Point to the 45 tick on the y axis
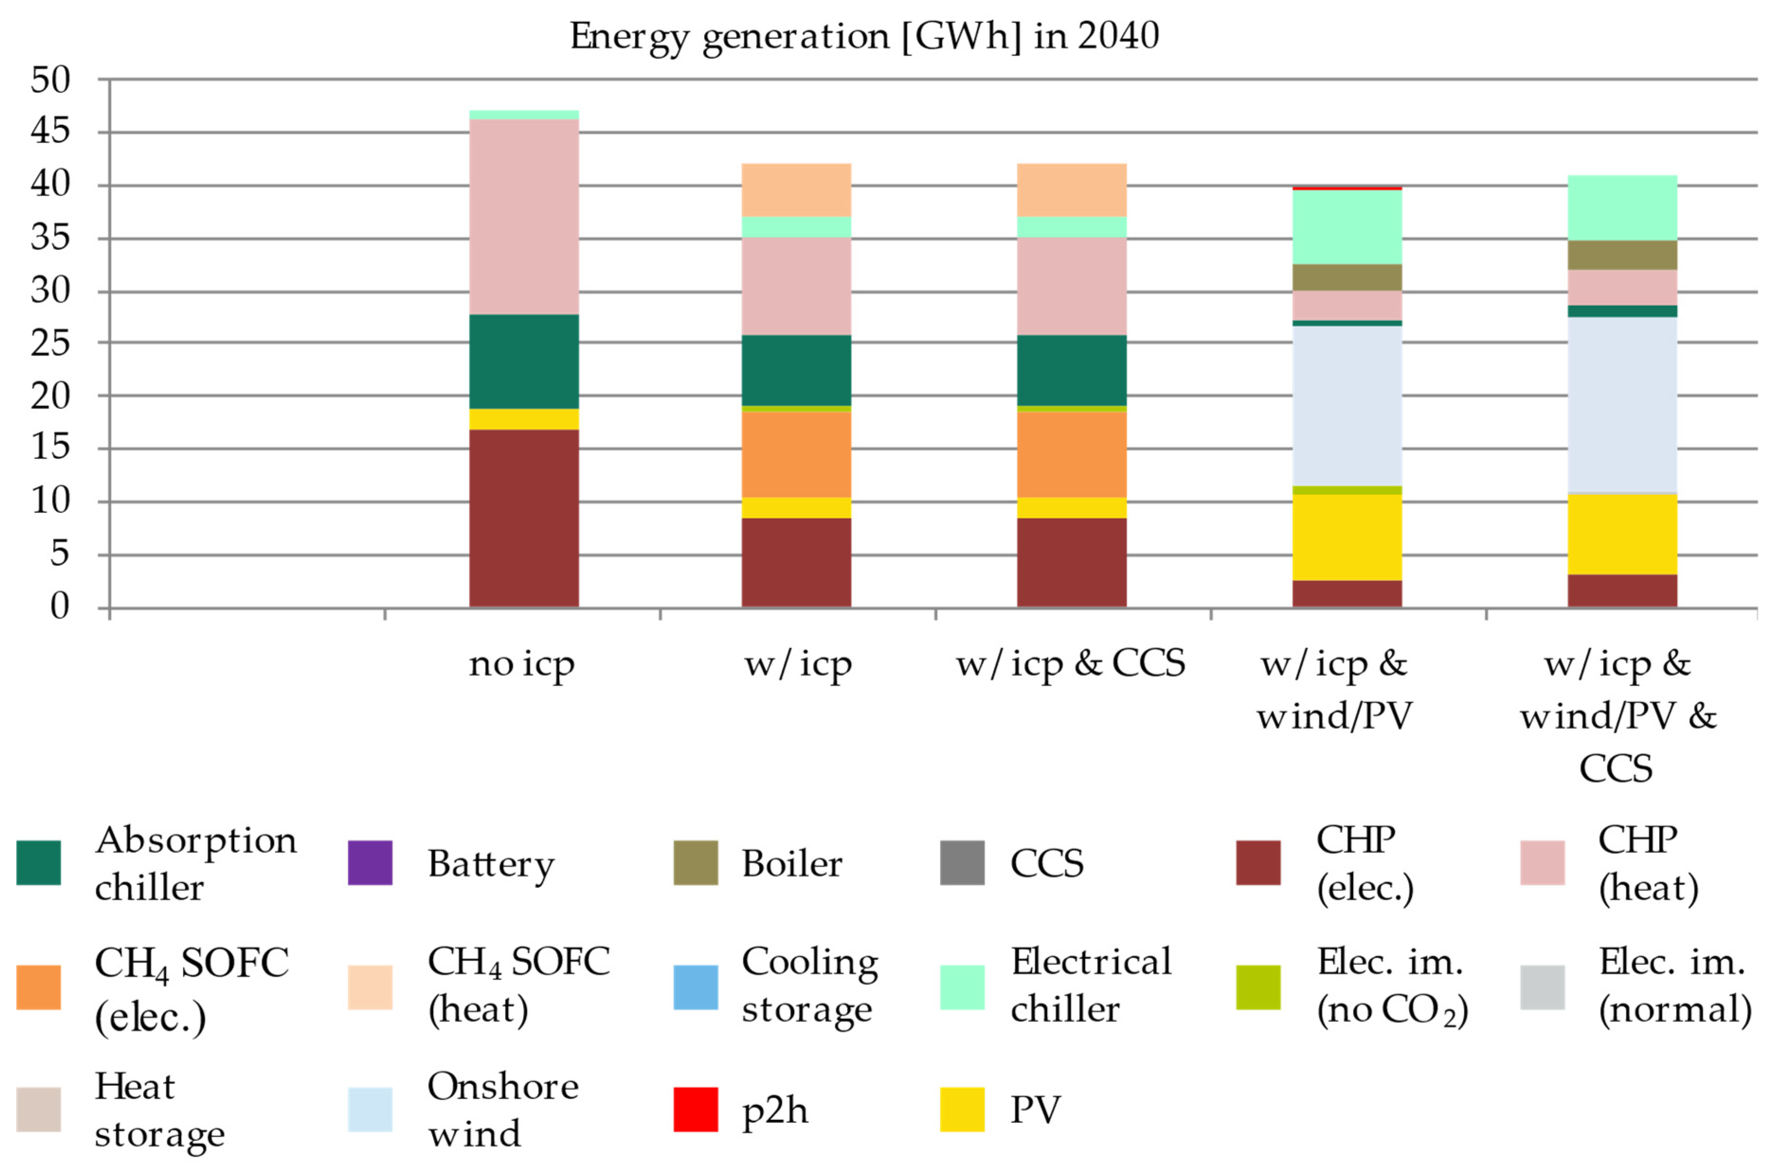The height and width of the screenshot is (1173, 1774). click(x=50, y=132)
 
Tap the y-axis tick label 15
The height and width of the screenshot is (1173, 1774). click(x=50, y=448)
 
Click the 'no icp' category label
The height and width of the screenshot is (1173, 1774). click(x=522, y=663)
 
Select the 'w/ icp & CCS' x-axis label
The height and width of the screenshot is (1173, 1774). click(x=1071, y=663)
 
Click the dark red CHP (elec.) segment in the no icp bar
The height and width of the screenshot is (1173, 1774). click(x=524, y=518)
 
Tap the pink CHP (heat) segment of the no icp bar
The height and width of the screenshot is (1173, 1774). click(x=524, y=217)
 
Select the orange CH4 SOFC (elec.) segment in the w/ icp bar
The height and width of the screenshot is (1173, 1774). click(x=796, y=454)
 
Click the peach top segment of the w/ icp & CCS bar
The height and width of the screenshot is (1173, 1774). click(x=1072, y=190)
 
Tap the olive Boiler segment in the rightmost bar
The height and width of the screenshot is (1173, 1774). click(x=1622, y=255)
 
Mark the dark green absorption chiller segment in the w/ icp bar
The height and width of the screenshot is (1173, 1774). click(x=796, y=370)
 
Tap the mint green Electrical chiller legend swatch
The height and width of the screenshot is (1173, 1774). click(x=962, y=987)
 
